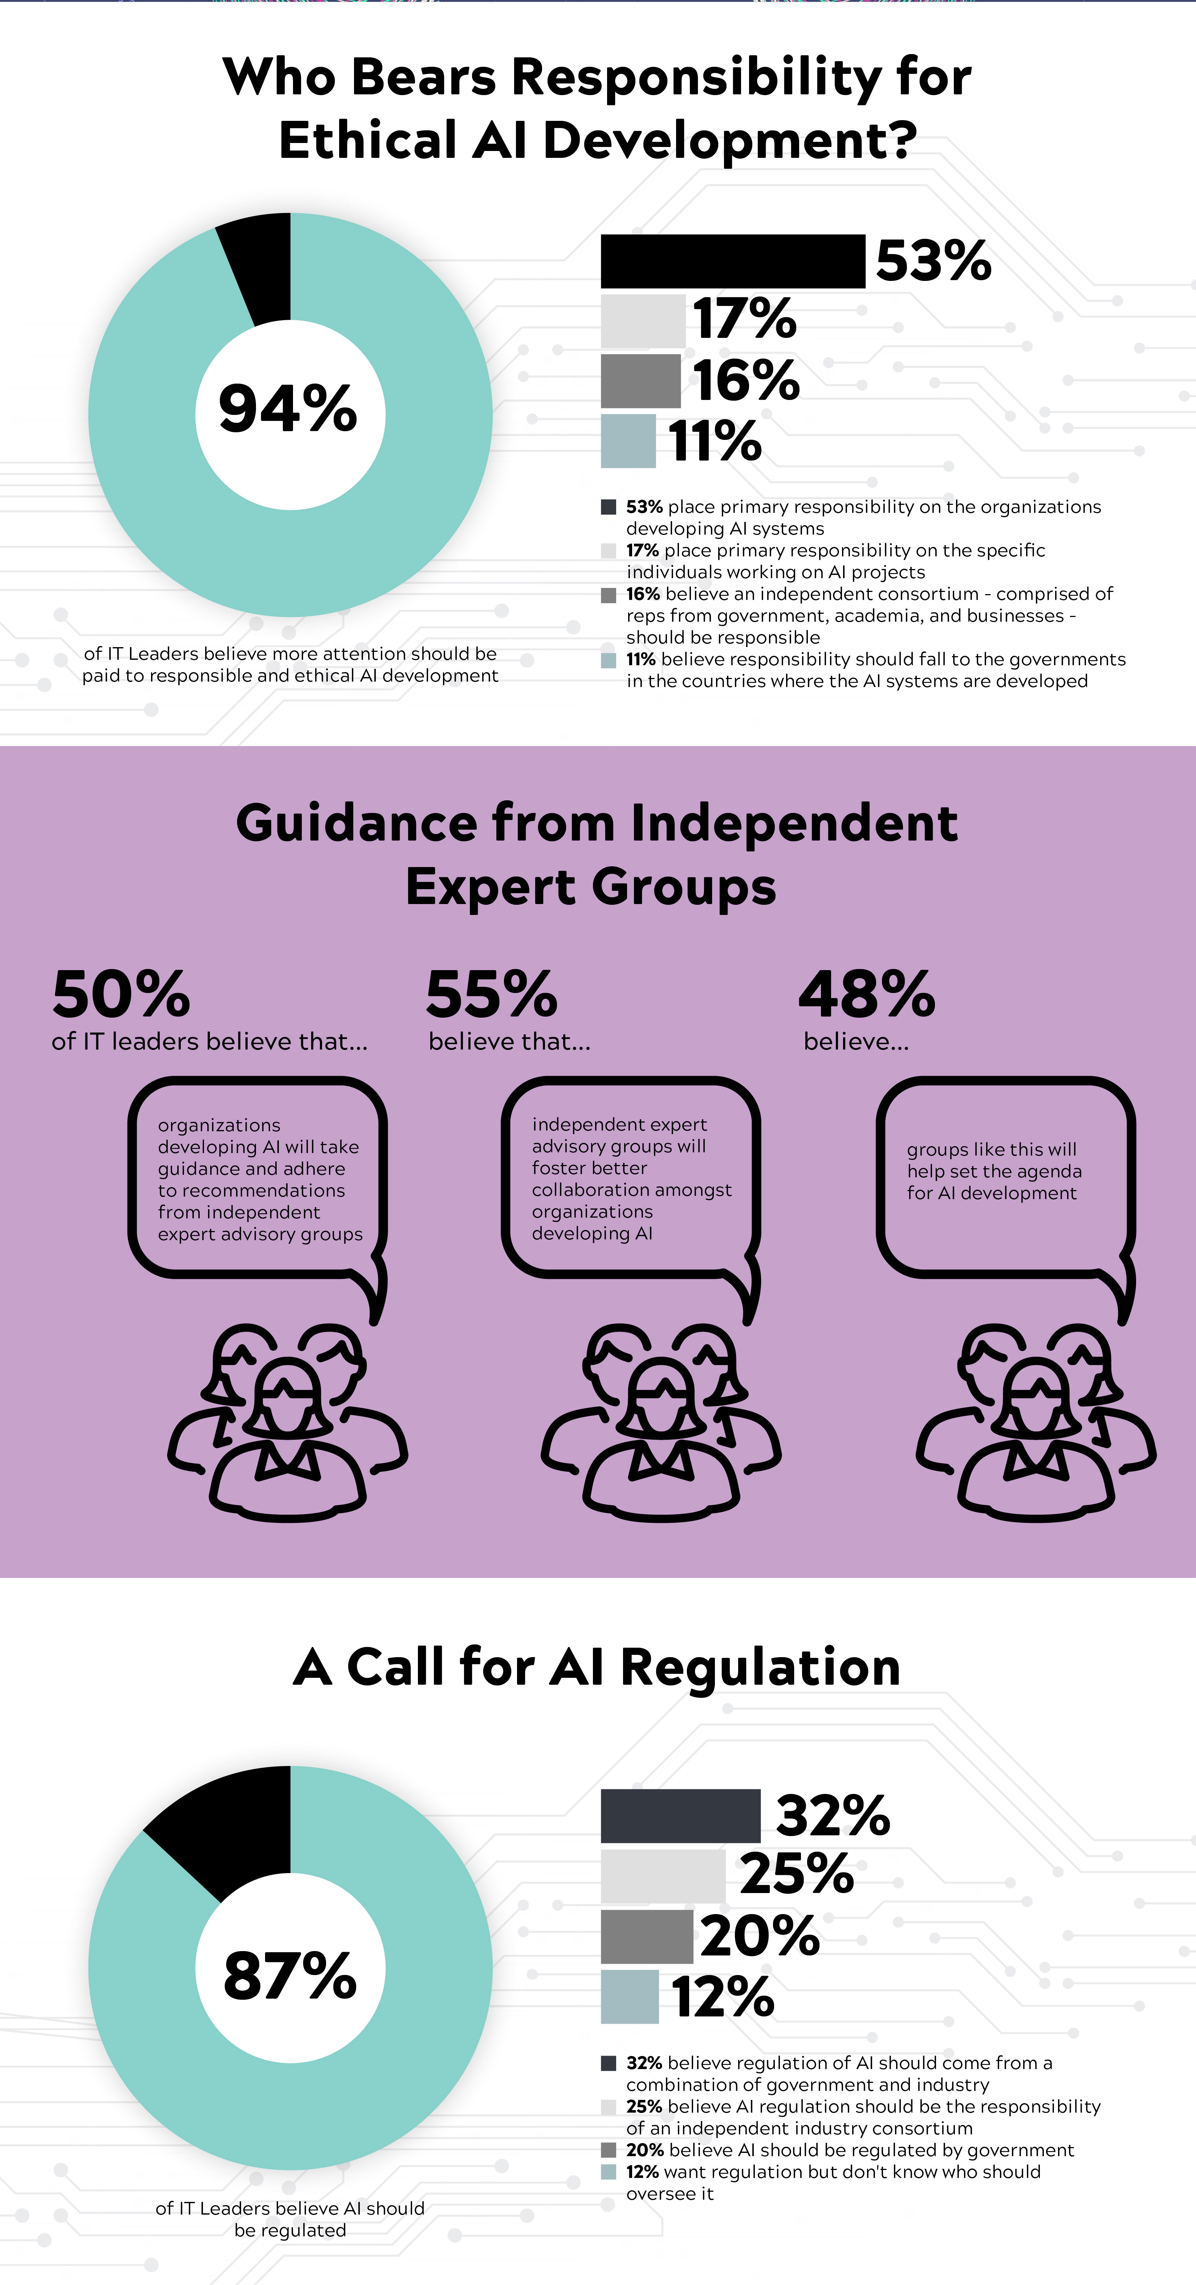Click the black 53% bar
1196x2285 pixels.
(733, 261)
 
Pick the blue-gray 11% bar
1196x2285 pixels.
(628, 441)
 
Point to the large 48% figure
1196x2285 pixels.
(867, 994)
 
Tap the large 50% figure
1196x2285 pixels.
(122, 994)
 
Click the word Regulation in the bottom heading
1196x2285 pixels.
(760, 1666)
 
